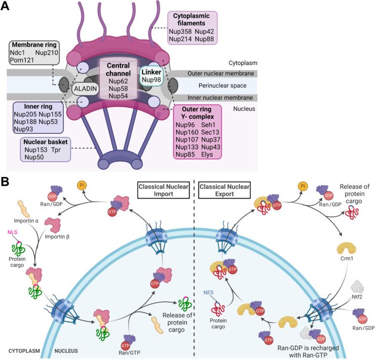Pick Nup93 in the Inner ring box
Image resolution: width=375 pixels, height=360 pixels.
pyautogui.click(x=25, y=129)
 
